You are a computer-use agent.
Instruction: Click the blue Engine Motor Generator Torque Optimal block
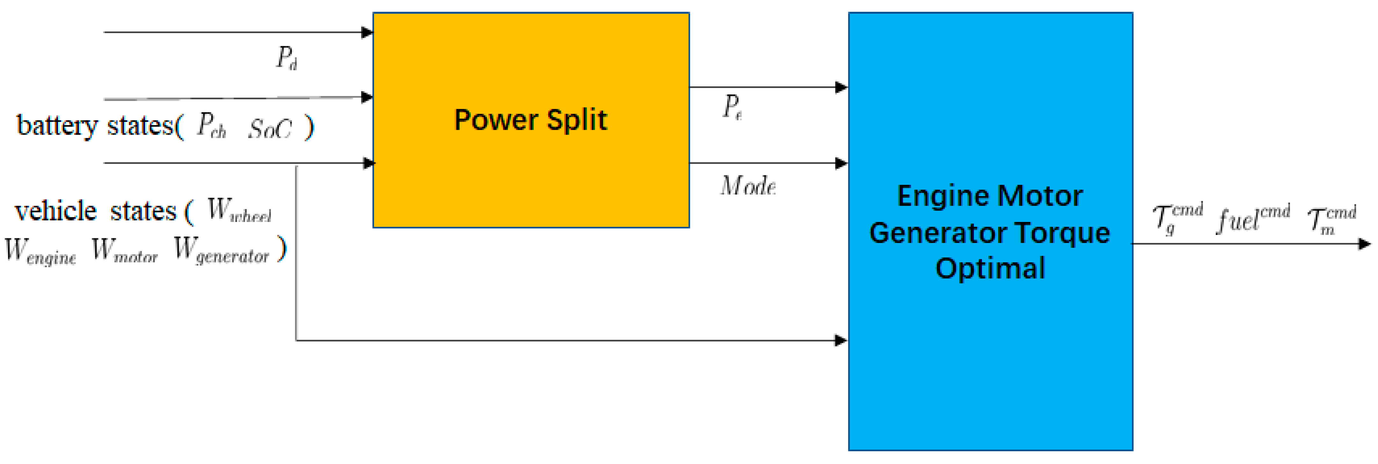[990, 342]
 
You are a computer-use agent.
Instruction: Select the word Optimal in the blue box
[990, 268]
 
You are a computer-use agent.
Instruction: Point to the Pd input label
[286, 58]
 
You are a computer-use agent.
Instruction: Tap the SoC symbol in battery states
[270, 129]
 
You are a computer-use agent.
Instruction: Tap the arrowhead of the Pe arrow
[841, 87]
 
